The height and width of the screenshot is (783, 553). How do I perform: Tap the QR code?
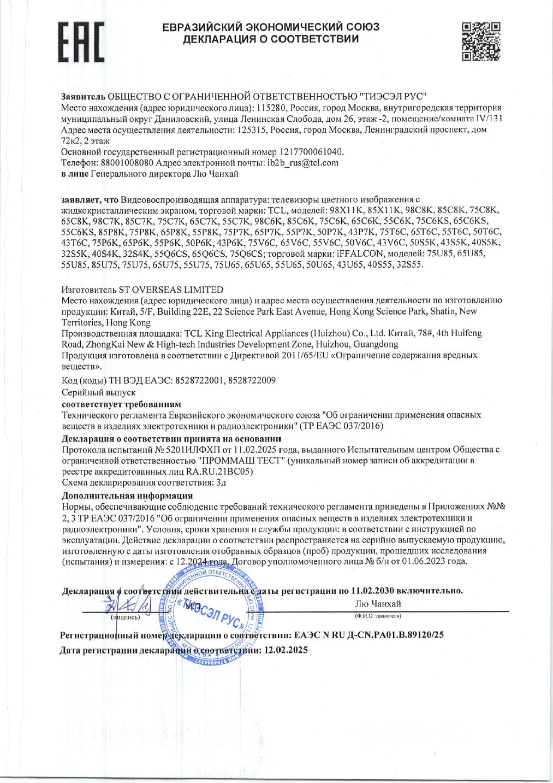[481, 41]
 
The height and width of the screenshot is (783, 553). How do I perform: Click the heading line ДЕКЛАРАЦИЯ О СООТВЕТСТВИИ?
[271, 39]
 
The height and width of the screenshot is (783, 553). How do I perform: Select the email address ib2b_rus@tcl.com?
[303, 163]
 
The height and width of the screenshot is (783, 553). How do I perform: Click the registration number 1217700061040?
[312, 152]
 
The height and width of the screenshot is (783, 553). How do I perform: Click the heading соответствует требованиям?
[121, 404]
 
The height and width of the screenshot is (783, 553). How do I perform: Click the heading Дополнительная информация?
[127, 496]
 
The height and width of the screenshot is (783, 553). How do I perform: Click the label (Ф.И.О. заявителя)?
[378, 616]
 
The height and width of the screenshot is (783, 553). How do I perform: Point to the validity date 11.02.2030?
[372, 591]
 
